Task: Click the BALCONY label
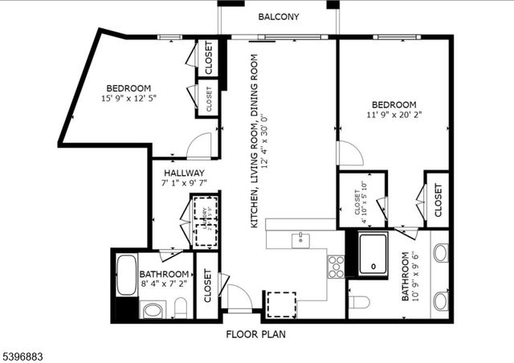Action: click(x=279, y=17)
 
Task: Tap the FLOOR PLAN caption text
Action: click(x=255, y=334)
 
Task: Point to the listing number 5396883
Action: click(x=27, y=354)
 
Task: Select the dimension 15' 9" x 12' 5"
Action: click(x=128, y=99)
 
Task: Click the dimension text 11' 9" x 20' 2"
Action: click(x=394, y=115)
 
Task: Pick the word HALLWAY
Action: click(x=184, y=173)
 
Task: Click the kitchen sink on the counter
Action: click(x=301, y=239)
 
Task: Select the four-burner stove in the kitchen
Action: click(x=336, y=266)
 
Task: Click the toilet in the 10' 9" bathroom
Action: click(x=359, y=302)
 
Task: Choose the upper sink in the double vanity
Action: click(x=440, y=253)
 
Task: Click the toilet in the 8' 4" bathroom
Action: click(x=181, y=308)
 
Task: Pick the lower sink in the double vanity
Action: click(x=440, y=301)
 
